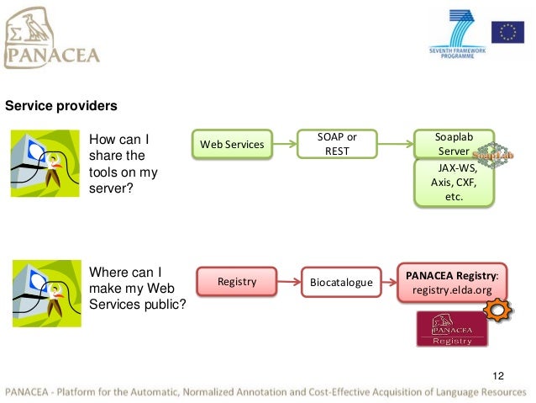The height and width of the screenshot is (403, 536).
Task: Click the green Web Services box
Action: [232, 145]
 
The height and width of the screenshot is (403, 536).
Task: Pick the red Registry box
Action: [236, 281]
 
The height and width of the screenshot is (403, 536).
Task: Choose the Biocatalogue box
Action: [340, 282]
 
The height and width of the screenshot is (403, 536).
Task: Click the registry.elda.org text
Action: [452, 290]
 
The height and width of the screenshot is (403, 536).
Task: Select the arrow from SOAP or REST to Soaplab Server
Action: [395, 144]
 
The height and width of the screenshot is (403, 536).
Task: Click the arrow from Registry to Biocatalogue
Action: [288, 281]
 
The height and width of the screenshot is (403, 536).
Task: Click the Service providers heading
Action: [61, 107]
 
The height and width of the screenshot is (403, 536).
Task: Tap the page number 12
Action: [498, 375]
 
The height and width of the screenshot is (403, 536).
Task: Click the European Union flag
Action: [507, 32]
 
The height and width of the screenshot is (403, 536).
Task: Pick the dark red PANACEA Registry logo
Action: [452, 329]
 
